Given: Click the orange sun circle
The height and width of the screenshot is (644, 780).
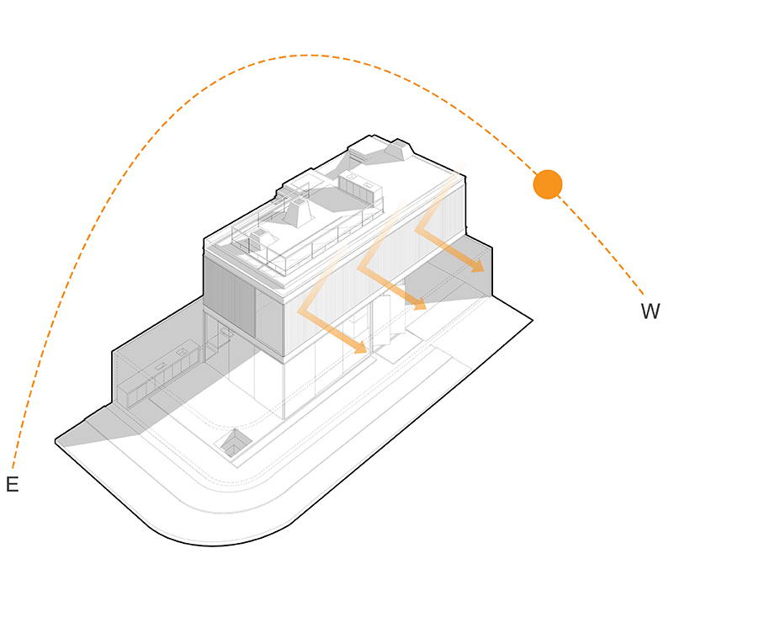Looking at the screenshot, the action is [548, 184].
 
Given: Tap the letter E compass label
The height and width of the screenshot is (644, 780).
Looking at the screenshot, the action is [12, 484].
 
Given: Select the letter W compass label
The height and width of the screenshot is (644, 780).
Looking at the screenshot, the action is [650, 311].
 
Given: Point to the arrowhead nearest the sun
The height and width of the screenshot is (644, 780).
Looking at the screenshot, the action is [478, 266].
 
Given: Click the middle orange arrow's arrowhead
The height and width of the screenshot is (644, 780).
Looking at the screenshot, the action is [419, 304].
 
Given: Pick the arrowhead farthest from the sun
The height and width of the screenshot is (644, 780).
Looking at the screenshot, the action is [360, 348].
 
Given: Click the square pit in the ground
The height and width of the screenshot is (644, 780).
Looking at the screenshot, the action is [233, 444].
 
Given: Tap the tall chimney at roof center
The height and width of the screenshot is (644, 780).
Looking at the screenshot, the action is [298, 212].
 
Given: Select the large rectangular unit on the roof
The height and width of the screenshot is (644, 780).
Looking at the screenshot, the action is [360, 189].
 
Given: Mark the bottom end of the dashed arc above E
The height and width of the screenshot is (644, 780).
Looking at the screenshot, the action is [13, 468].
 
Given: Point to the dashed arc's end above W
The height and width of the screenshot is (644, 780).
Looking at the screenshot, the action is [643, 295].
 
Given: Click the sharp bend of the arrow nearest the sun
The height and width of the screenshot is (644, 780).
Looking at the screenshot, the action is [417, 230].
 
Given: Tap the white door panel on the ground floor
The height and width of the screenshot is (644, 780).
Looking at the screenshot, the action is [381, 320].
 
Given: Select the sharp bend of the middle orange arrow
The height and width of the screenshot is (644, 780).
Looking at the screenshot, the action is [359, 267].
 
